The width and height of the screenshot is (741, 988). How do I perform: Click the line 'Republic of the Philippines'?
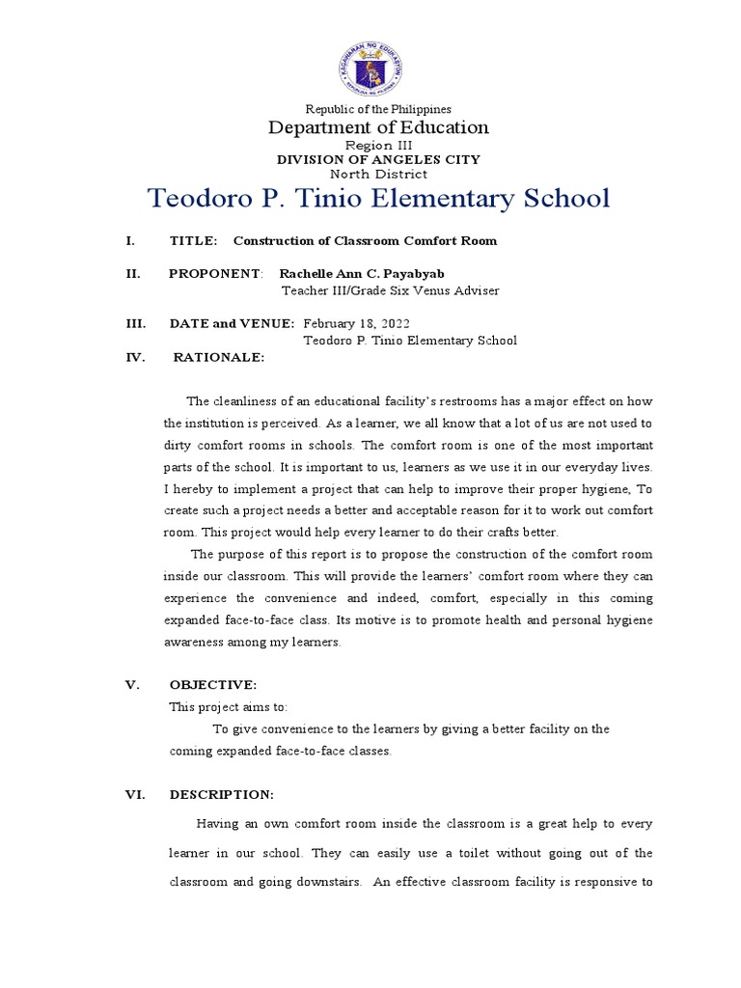click(378, 110)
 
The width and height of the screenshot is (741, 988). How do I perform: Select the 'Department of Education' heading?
click(378, 127)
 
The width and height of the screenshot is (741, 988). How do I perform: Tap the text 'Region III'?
click(378, 145)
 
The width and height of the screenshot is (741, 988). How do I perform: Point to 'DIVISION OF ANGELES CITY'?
click(378, 159)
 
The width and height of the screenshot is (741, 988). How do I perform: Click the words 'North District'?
click(378, 174)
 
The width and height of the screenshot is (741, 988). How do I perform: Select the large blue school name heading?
click(378, 199)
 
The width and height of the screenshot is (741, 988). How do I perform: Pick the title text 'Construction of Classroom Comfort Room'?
click(365, 240)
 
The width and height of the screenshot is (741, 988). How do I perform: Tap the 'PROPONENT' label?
click(214, 274)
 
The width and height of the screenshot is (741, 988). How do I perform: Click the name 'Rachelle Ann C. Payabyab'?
click(362, 274)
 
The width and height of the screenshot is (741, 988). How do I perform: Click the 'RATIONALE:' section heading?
click(218, 357)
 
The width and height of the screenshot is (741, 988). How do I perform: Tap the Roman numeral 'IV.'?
click(135, 357)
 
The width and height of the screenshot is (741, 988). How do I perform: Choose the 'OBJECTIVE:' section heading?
click(212, 685)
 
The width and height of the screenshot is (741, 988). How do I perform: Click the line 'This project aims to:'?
click(228, 706)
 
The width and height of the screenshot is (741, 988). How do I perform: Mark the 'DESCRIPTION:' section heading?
click(221, 794)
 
